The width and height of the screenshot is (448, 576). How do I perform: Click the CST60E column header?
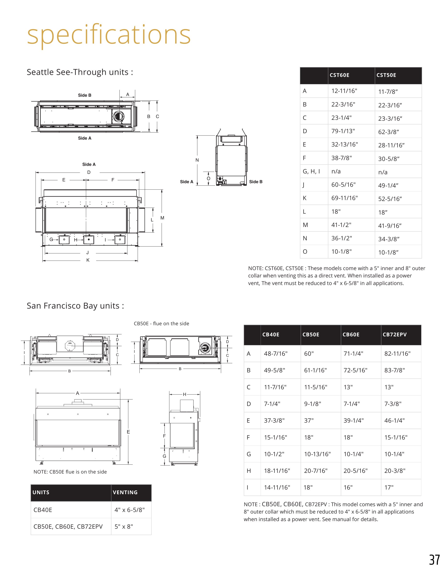pos(339,75)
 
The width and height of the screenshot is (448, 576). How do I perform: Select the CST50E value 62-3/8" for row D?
pos(389,132)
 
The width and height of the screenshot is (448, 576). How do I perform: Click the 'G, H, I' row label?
pos(311,171)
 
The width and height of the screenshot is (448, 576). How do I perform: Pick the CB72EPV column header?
pos(394,335)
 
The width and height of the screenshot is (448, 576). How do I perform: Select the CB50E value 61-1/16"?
pos(315,370)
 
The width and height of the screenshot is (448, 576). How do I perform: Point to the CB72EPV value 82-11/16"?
pos(397,354)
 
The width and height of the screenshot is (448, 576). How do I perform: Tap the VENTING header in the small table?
pos(125,492)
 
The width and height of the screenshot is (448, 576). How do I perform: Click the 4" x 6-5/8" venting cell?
pos(130,510)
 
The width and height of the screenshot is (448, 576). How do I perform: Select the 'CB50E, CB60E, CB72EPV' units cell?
pos(68,526)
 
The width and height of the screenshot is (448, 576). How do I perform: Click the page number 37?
pos(434,560)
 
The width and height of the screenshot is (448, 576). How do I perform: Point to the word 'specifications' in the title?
pos(109,35)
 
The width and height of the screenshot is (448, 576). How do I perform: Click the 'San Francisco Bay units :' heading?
pos(75,306)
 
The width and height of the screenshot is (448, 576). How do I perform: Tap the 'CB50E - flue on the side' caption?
pos(161,324)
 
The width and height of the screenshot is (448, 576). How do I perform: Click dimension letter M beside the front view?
pos(162,218)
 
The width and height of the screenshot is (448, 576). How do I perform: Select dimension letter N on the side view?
pos(197,160)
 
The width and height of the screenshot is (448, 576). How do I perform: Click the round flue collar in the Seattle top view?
pos(118,116)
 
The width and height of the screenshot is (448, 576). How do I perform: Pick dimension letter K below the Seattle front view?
pos(88,260)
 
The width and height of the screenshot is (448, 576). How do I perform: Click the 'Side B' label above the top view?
pos(85,95)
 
